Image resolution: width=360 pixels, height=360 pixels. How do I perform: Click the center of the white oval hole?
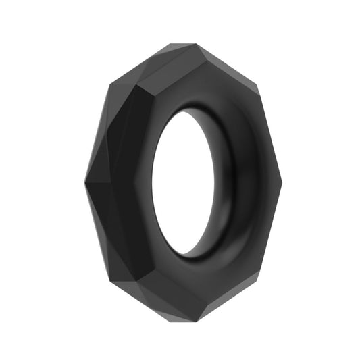click(x=181, y=182)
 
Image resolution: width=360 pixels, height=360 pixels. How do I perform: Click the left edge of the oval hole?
click(x=152, y=182)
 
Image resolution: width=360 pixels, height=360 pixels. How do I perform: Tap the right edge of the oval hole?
click(x=210, y=182)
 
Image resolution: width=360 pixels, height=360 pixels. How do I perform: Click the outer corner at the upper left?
click(x=108, y=86)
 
